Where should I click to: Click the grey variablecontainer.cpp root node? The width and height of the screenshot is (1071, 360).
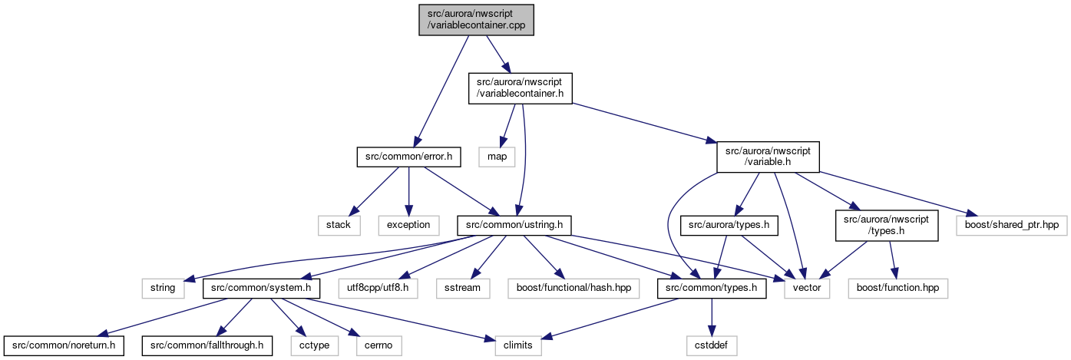(476, 20)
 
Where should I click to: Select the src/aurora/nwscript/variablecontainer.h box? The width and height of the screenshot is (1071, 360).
(521, 88)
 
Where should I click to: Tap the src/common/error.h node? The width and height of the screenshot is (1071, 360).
(408, 157)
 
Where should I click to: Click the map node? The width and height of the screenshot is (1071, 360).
(497, 157)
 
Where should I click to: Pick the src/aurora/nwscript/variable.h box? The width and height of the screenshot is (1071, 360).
(768, 157)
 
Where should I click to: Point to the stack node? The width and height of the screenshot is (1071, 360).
(339, 225)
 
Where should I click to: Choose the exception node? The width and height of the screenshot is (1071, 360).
(408, 225)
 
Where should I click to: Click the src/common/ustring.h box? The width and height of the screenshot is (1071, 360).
(514, 225)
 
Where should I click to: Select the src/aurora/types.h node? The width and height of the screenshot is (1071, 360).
(729, 225)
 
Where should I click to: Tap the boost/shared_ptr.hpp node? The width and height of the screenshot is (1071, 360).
(1012, 225)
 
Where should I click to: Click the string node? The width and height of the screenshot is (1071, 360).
(163, 289)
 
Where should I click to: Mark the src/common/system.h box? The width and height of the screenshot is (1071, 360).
(261, 289)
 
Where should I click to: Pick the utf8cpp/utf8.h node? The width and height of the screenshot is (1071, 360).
(378, 289)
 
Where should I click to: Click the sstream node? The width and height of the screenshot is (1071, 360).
(463, 289)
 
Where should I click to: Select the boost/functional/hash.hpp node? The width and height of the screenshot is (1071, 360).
(574, 289)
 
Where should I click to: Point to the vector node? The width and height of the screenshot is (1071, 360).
(807, 289)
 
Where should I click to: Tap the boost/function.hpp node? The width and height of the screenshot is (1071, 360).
(898, 289)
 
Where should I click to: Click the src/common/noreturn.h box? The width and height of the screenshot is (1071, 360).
(64, 345)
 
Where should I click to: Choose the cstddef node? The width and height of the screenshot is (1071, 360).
(712, 345)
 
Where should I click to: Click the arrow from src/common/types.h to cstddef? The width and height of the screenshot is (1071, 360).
(712, 318)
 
